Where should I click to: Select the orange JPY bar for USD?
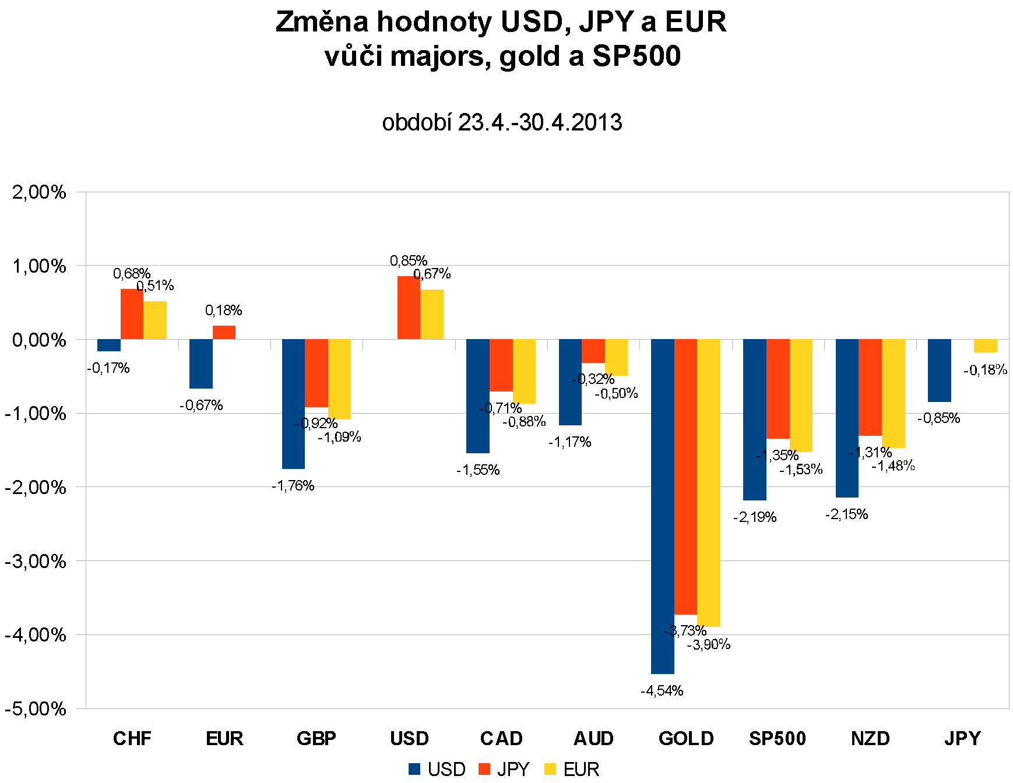(409, 308)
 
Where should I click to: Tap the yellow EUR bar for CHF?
(155, 320)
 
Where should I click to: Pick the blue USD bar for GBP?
(293, 404)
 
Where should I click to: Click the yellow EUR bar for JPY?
(985, 345)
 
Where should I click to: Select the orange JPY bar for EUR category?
(224, 332)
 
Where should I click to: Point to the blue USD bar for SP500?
(754, 419)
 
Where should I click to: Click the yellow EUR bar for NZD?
(893, 393)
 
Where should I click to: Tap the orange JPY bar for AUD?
(593, 351)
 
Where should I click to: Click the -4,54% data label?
(662, 691)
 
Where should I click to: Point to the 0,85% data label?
(409, 260)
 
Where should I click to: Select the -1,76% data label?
(293, 486)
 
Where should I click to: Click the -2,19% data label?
(755, 517)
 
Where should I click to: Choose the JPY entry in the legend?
(504, 770)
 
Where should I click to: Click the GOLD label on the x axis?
(686, 739)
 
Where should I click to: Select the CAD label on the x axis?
(501, 739)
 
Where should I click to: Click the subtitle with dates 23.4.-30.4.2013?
(502, 122)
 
